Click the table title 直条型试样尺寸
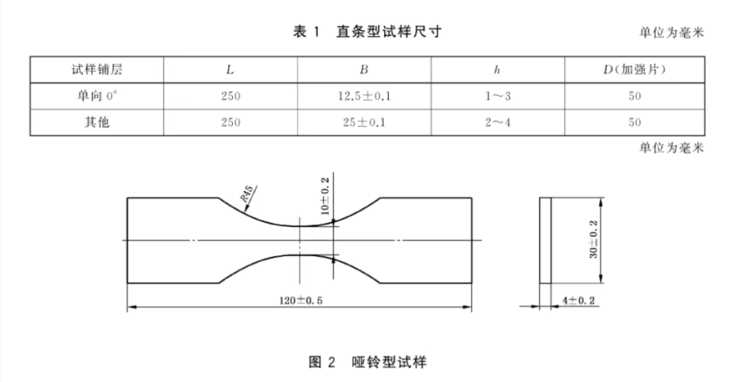tap(389, 32)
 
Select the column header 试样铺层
tap(97, 70)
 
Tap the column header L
tap(230, 70)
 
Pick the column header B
tap(364, 70)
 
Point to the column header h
tap(497, 70)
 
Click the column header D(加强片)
tap(635, 70)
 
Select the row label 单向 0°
tap(97, 96)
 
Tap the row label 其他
tap(97, 123)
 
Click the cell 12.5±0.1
tap(364, 96)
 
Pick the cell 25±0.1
tap(364, 123)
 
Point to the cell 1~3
tap(498, 96)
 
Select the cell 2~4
tap(498, 123)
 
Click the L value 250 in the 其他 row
tap(231, 123)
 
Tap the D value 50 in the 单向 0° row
tap(635, 96)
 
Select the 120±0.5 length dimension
tap(301, 300)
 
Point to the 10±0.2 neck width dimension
tap(325, 196)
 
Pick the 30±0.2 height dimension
tap(593, 239)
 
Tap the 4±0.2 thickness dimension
tap(579, 300)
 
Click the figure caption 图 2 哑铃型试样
tap(367, 362)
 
